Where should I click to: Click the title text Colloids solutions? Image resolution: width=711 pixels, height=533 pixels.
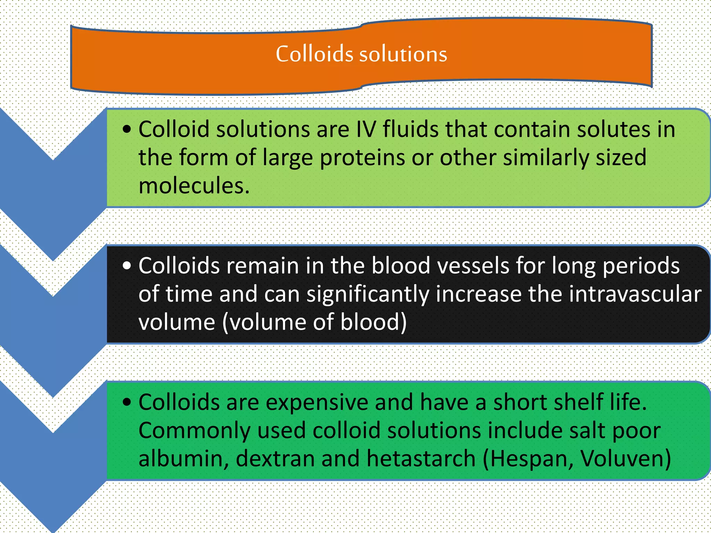(x=361, y=54)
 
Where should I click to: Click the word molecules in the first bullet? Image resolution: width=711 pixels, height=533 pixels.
(x=194, y=186)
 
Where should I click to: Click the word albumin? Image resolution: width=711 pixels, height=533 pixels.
(x=183, y=459)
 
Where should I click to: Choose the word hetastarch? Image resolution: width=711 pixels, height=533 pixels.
(x=421, y=459)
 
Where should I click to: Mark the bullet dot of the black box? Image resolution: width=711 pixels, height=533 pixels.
(x=127, y=266)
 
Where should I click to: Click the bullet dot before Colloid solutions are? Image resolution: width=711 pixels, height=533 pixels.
(x=127, y=130)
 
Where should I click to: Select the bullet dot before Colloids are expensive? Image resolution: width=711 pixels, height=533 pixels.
(x=127, y=403)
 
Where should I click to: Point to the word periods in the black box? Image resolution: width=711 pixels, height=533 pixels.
(x=641, y=266)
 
